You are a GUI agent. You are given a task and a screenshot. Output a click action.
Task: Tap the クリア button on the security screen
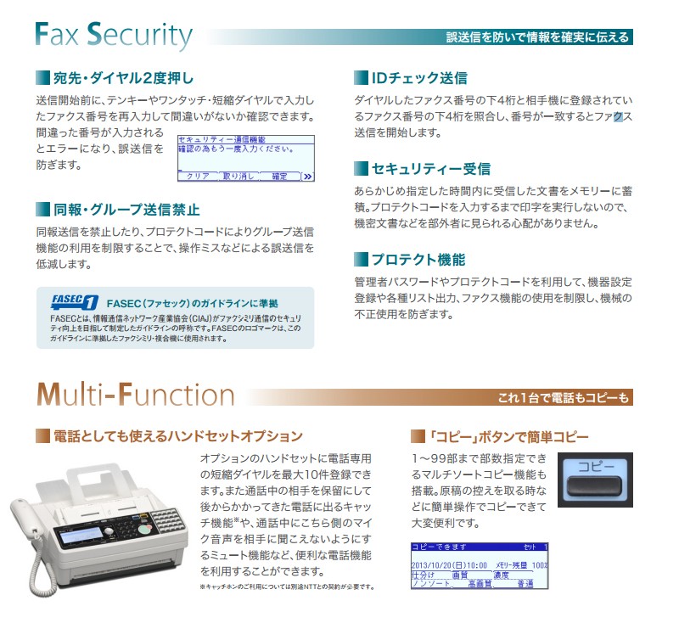[197, 176]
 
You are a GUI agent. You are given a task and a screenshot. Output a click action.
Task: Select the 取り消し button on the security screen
[238, 176]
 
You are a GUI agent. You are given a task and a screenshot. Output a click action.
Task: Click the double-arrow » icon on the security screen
[307, 176]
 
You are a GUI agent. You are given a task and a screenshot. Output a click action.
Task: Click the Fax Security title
[115, 36]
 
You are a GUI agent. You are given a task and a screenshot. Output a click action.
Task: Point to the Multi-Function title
[135, 395]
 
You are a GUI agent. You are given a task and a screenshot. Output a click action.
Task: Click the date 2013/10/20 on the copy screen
[439, 564]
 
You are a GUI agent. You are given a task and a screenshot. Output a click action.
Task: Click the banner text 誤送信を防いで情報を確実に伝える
[538, 37]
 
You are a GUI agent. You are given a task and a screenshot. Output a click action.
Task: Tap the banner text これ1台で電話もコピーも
[564, 397]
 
